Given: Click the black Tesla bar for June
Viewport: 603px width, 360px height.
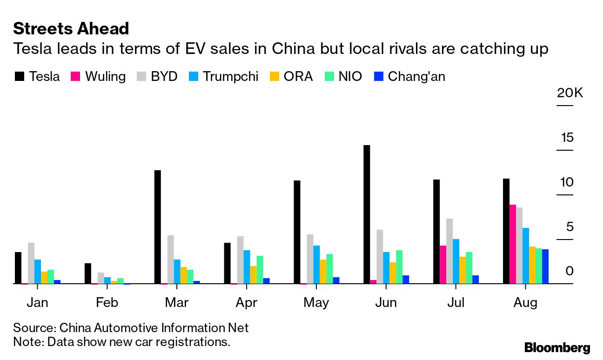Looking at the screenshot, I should pos(367,214).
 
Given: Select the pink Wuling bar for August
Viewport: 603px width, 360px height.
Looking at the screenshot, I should pos(513,244).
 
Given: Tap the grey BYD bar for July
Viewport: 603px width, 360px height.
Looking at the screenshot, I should pos(449,251).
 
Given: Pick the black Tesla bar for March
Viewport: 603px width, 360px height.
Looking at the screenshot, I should pos(157,227).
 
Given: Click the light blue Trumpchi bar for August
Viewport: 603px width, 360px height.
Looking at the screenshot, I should pos(526,256).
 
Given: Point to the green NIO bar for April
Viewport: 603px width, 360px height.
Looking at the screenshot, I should pos(260,270).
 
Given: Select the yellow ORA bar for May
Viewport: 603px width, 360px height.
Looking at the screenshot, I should pos(323,272).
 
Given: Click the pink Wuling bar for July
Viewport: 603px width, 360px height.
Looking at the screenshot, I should pos(443,265).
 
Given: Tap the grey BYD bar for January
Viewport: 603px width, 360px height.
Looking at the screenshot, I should pos(31,263).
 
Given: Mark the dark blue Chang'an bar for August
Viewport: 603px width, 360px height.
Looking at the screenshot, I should pos(545,267).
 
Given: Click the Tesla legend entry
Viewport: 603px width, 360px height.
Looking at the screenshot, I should pos(37,76).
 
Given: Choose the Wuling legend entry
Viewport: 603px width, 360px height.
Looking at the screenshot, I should pos(98,76).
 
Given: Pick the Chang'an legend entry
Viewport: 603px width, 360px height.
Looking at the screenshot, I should pos(410,76).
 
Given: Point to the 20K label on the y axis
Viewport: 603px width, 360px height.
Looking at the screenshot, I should pos(569,93).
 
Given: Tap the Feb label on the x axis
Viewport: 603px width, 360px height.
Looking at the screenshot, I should pos(107,303).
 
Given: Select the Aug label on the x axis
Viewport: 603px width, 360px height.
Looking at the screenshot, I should pos(525,303).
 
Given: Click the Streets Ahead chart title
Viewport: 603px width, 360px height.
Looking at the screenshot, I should pos(71,29).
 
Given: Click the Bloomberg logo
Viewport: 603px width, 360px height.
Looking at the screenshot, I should pos(557,347).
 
